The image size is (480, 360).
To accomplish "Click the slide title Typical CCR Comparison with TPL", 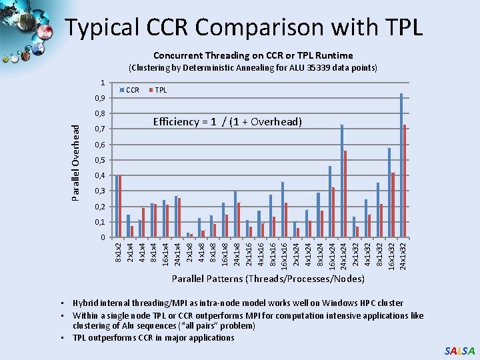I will [244, 27].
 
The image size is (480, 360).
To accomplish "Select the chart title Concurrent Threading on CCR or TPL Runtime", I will [253, 55].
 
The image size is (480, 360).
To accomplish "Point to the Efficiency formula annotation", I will [227, 121].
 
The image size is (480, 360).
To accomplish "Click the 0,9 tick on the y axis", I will [99, 99].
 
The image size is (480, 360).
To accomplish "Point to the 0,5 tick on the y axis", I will [99, 161].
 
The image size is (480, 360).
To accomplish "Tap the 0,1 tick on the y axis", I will [99, 222].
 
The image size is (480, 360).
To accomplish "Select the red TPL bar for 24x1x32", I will [405, 181].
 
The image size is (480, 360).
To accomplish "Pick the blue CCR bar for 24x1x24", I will [342, 181].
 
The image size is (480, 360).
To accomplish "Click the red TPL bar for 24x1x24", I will [345, 194].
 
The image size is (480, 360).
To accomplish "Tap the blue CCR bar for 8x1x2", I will [116, 207].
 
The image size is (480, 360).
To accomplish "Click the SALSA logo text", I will [460, 351].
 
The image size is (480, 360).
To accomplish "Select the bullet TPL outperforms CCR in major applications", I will [153, 337].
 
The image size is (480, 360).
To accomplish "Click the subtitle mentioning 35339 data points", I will [253, 68].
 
